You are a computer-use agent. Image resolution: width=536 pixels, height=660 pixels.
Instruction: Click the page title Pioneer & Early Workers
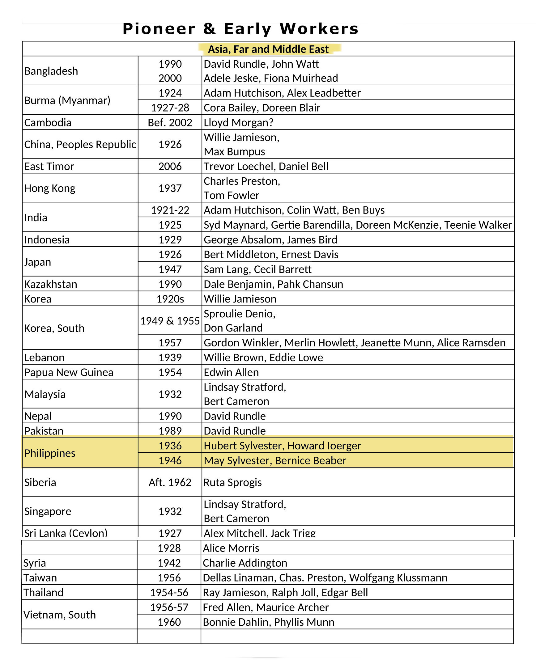pos(240,29)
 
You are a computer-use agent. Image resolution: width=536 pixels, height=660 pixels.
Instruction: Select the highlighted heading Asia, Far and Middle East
pos(268,49)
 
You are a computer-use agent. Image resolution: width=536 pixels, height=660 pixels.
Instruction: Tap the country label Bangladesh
pos(51,71)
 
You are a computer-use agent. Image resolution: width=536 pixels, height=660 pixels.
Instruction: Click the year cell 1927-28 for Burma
pos(170,108)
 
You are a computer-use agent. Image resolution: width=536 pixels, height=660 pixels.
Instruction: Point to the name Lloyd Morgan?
pos(238,122)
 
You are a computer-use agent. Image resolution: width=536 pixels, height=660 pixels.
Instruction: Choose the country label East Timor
pos(49,166)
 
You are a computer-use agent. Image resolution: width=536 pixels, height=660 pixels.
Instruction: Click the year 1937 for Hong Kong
pos(170,188)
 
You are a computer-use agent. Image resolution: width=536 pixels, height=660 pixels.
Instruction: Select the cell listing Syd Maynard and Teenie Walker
pos(357,225)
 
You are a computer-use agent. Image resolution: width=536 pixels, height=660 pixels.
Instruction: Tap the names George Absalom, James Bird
pos(270,239)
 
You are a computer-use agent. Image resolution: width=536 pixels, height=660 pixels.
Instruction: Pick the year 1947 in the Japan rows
pos(170,269)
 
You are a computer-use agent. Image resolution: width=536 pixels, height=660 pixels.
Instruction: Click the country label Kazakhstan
pos(51,284)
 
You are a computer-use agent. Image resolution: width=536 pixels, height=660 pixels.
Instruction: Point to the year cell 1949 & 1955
pos(170,321)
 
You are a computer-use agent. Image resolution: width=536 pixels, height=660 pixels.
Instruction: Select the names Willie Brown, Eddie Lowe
pos(263,357)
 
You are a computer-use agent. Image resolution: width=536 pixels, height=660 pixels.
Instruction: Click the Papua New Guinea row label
pos(69,372)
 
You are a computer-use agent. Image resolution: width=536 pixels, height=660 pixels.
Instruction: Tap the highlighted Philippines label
pos(50,453)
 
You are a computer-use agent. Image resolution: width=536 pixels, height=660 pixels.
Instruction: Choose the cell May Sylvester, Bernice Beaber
pos(275,460)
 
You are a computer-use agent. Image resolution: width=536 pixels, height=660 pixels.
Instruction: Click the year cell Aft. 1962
pos(170,482)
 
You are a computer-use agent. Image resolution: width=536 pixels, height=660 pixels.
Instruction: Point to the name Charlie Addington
pos(245,563)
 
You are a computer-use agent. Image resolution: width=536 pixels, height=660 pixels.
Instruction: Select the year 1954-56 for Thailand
pos(169,593)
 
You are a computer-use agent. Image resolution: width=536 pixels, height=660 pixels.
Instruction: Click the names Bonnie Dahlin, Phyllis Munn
pos(268,622)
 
